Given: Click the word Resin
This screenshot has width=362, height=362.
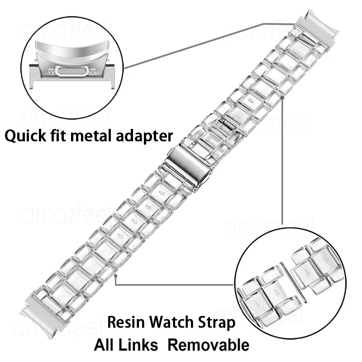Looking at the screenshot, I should click(124, 323).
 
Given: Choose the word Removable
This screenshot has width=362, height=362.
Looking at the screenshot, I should click(208, 344).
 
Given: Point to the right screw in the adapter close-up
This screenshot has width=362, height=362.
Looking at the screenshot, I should click(93, 70).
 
